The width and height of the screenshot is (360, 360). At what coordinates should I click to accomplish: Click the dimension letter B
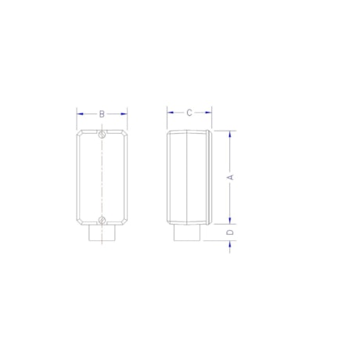pyautogui.click(x=102, y=113)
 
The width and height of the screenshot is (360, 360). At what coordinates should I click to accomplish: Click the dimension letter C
pyautogui.click(x=189, y=113)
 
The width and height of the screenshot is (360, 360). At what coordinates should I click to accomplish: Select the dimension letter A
pyautogui.click(x=230, y=178)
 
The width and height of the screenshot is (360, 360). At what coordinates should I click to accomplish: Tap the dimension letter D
pyautogui.click(x=230, y=233)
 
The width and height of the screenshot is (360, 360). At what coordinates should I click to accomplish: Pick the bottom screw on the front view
pyautogui.click(x=103, y=218)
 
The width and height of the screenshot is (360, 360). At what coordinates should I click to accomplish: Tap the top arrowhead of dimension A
pyautogui.click(x=230, y=134)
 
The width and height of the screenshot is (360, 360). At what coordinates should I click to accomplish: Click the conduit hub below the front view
pyautogui.click(x=103, y=234)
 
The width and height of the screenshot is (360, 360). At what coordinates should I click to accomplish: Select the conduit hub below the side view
pyautogui.click(x=186, y=234)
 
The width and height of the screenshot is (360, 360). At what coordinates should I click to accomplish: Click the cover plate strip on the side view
pyautogui.click(x=209, y=178)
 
